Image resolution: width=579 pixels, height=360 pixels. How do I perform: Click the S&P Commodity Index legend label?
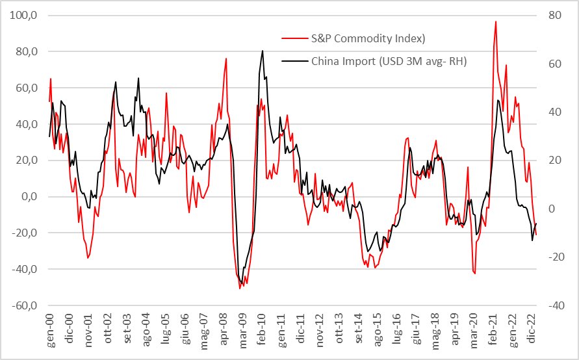pos(368,38)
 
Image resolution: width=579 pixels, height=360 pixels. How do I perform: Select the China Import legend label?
pos(389,62)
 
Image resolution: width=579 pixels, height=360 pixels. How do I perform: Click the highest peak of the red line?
pos(496,21)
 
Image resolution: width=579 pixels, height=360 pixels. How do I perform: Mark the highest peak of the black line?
pos(263,51)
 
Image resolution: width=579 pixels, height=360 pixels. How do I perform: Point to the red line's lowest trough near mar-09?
pos(240,288)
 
